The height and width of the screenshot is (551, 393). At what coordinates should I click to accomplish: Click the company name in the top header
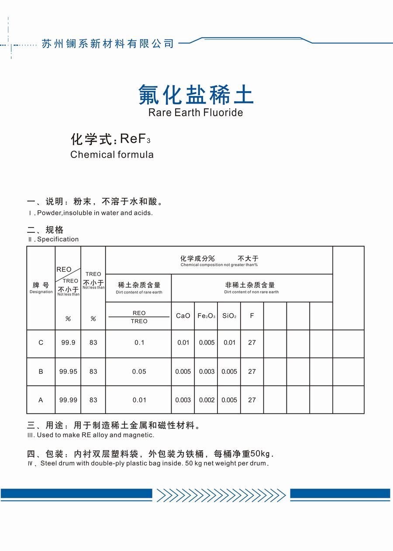[107, 44]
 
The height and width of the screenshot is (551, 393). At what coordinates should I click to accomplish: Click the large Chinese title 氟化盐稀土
[196, 94]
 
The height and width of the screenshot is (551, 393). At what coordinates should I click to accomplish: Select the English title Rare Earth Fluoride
[196, 113]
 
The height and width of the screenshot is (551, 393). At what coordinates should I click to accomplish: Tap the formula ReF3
[135, 139]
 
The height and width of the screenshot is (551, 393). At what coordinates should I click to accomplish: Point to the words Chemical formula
[112, 155]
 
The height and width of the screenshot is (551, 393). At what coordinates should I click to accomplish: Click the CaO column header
[183, 316]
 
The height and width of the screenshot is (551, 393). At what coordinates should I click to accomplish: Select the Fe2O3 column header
[207, 316]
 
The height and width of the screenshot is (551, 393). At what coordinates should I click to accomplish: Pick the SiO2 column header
[229, 316]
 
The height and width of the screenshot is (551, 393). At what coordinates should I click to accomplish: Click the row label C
[41, 343]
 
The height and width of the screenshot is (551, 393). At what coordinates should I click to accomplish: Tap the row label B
[41, 372]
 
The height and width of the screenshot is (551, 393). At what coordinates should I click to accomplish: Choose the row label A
[41, 400]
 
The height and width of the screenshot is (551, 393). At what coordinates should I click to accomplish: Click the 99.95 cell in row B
[68, 372]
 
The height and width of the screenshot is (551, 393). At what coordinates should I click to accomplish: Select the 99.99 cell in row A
[68, 400]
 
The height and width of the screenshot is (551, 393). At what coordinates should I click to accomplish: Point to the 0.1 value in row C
[139, 343]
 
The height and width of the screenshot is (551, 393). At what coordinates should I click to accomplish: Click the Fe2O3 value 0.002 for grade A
[207, 400]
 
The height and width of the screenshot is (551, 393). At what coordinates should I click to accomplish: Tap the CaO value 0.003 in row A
[183, 400]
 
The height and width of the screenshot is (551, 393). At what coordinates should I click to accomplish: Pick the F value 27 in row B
[252, 372]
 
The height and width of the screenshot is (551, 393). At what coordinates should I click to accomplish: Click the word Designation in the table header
[41, 292]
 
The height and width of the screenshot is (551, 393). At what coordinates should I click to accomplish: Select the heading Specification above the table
[58, 239]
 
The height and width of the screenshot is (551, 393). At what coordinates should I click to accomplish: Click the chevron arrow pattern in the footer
[221, 495]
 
